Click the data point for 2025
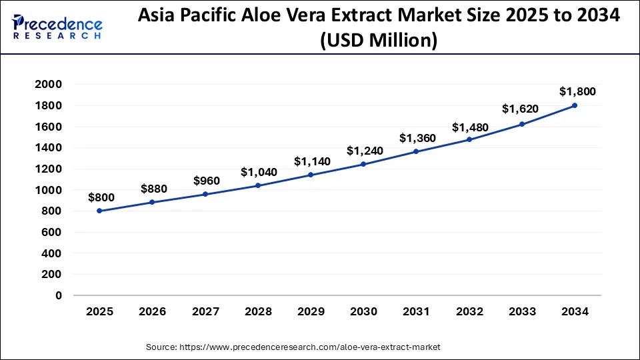[x=99, y=211]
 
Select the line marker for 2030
[x=363, y=164]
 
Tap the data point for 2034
[x=575, y=105]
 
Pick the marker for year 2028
[x=258, y=185]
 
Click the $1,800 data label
[x=577, y=91]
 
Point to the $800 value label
[x=101, y=197]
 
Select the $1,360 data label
[x=418, y=138]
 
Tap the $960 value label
[x=207, y=181]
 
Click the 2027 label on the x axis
[x=205, y=312]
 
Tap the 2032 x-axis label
[x=469, y=312]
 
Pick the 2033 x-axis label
[x=522, y=312]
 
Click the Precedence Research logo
[x=57, y=27]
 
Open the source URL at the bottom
[x=293, y=347]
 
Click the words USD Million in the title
[x=379, y=41]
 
